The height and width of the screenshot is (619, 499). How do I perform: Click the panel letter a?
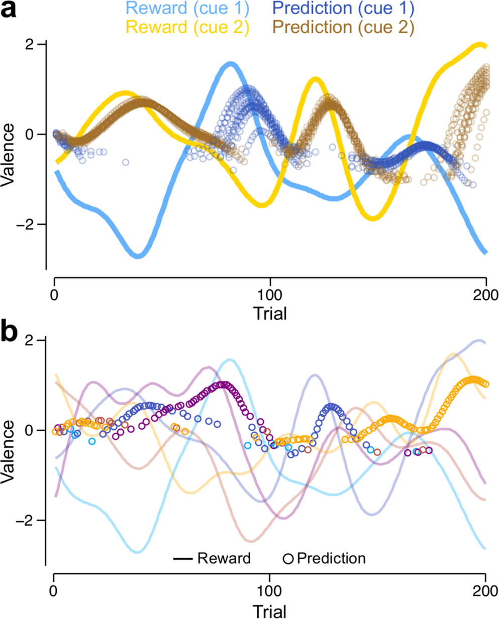click(11, 10)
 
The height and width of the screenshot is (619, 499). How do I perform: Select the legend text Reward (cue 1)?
click(187, 9)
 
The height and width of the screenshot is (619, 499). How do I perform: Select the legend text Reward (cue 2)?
click(187, 27)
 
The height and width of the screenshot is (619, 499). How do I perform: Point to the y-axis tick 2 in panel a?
click(34, 44)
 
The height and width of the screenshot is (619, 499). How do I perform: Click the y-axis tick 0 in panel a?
click(34, 134)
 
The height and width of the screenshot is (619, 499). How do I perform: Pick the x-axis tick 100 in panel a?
click(270, 294)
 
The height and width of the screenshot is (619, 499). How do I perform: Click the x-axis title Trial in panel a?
click(270, 313)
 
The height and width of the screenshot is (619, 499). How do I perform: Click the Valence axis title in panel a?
click(9, 154)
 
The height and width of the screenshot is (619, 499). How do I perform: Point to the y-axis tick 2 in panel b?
click(34, 340)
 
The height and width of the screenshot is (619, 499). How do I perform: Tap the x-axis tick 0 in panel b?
click(53, 590)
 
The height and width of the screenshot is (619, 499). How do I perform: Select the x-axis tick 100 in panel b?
click(270, 590)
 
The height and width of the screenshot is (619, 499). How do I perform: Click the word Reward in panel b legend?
click(224, 558)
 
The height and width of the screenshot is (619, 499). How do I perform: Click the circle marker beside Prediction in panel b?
click(288, 559)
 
